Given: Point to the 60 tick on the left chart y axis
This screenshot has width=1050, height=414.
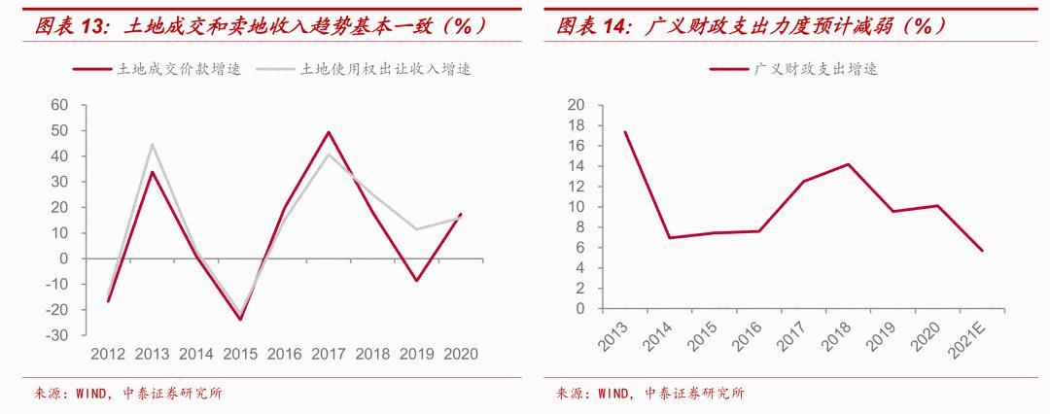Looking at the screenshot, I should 59,105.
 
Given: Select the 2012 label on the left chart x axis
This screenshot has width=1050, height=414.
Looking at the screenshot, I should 108,355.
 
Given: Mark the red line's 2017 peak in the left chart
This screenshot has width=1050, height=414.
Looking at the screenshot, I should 329,132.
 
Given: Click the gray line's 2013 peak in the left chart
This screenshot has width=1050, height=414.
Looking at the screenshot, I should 152,145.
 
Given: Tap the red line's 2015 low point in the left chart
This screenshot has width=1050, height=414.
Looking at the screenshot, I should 240,320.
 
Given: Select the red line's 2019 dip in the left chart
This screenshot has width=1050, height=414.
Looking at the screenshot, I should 416,281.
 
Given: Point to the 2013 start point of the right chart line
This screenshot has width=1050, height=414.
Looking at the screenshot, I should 624,132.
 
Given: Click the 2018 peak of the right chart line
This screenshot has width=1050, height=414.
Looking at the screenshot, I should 848,164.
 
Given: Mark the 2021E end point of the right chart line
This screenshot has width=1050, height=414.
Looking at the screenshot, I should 983,251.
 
